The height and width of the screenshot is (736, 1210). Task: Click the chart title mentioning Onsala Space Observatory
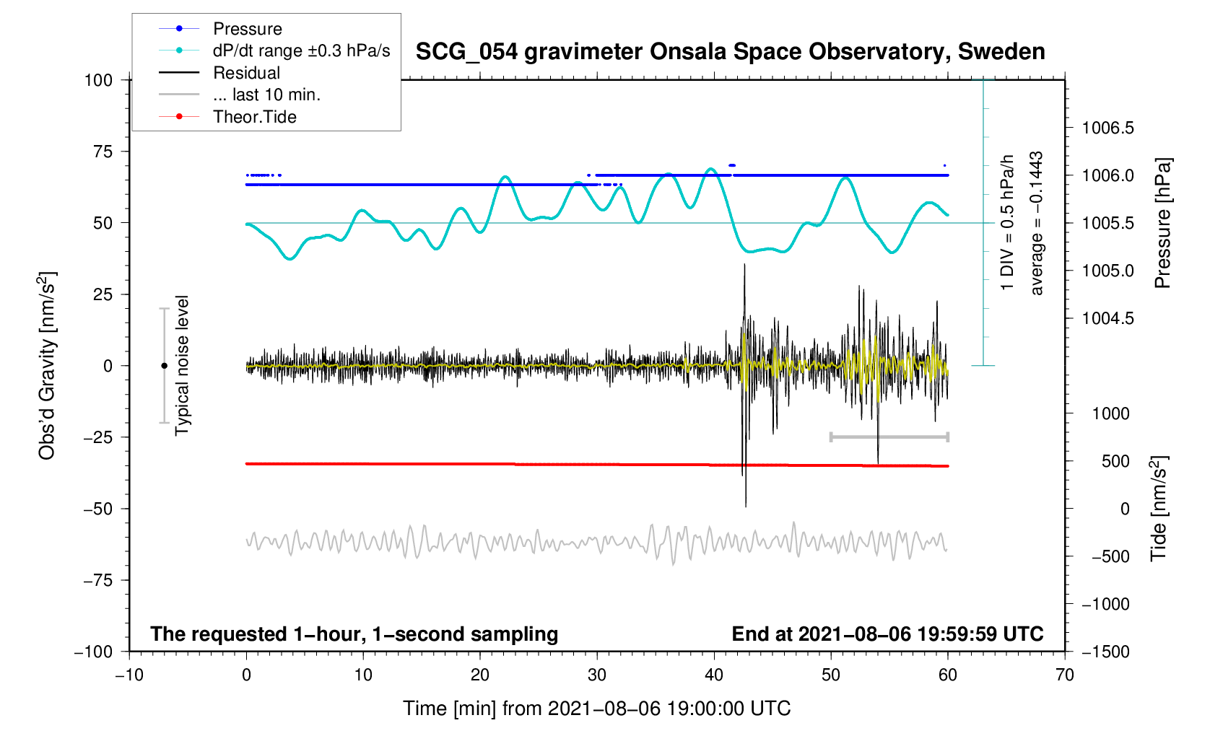pyautogui.click(x=730, y=52)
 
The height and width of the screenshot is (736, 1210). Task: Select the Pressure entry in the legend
pyautogui.click(x=247, y=29)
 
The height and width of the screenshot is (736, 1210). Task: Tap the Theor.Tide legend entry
pyautogui.click(x=254, y=117)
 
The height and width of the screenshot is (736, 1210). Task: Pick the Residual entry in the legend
pyautogui.click(x=246, y=73)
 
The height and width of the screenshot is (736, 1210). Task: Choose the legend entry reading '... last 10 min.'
pyautogui.click(x=266, y=95)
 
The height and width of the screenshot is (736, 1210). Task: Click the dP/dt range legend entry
pyautogui.click(x=301, y=51)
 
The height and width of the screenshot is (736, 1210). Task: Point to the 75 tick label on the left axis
pyautogui.click(x=98, y=152)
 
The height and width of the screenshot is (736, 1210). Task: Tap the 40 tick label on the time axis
pyautogui.click(x=714, y=675)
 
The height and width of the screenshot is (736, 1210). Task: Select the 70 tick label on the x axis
pyautogui.click(x=1064, y=675)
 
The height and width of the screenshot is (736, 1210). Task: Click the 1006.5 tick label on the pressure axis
pyautogui.click(x=1107, y=128)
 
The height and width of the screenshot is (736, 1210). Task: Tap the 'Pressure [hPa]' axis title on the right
pyautogui.click(x=1162, y=223)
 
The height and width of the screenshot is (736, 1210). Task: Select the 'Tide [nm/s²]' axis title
pyautogui.click(x=1159, y=509)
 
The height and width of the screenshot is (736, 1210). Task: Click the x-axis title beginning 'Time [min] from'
pyautogui.click(x=596, y=709)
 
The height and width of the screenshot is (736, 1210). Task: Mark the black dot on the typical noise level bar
pyautogui.click(x=165, y=366)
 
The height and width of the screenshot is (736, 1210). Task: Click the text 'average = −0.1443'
pyautogui.click(x=1037, y=223)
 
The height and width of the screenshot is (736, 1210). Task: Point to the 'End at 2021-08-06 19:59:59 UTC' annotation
pyautogui.click(x=887, y=634)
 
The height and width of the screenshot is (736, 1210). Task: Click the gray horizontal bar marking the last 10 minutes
pyautogui.click(x=889, y=437)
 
